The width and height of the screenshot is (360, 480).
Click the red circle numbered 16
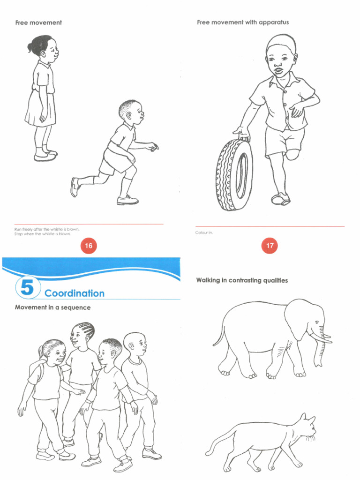coord(88,245)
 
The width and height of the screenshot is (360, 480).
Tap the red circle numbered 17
coord(270,245)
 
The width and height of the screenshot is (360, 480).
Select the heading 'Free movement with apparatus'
coord(243,22)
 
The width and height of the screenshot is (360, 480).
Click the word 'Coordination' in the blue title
coord(75,293)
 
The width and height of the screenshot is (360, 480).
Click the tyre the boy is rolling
coord(234,174)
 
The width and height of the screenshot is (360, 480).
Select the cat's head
coord(305,427)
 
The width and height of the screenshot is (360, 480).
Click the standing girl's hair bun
coord(31,47)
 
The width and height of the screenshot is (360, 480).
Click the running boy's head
coord(130,112)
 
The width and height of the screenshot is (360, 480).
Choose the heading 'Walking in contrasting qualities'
coord(242,280)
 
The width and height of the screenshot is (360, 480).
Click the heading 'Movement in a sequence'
coord(53,307)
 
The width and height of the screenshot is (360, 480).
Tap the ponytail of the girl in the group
coord(42,351)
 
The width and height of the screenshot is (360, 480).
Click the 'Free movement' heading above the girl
coord(38,22)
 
